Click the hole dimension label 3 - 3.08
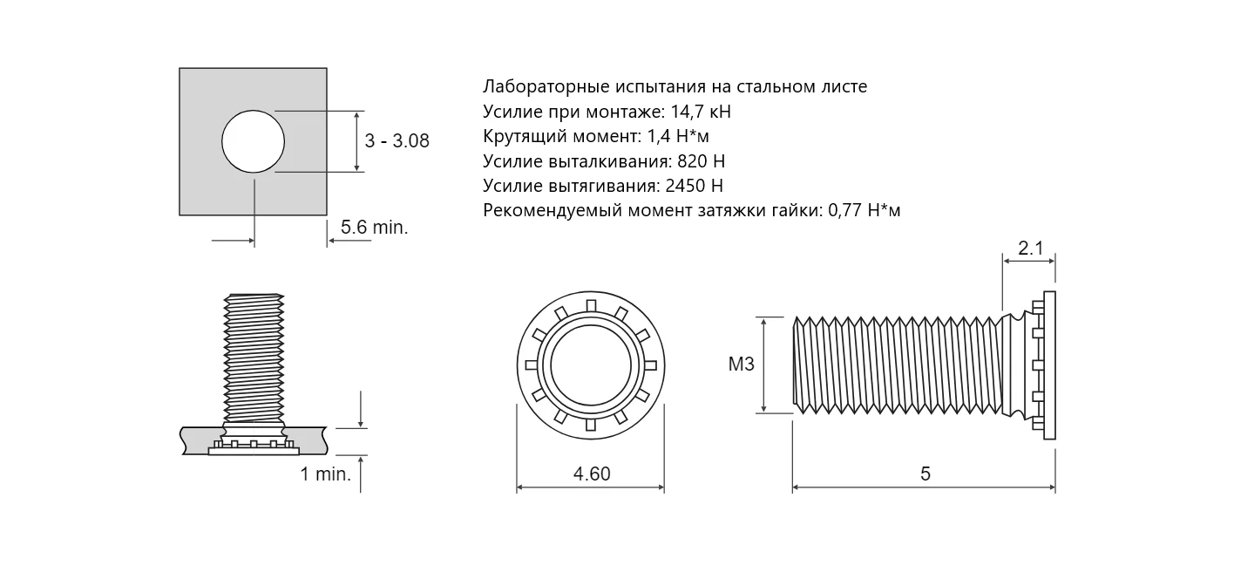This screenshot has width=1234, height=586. pos(397,141)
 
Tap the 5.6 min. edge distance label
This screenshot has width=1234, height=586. pos(374,227)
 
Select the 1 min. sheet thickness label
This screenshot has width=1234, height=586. pos(325,474)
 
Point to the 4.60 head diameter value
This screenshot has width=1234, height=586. pos(592,474)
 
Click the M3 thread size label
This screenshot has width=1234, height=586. pos(742,364)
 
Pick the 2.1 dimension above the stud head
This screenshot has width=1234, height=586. pos(1030,248)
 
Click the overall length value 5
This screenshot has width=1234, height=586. pos(925,474)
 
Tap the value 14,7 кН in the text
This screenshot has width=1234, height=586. pos(701,112)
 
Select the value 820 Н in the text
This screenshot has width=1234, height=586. pos(702,161)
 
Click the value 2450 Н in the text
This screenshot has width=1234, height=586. pos(694,186)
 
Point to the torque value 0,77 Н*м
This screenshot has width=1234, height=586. pos(864,210)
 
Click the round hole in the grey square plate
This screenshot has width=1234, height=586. pos(253,141)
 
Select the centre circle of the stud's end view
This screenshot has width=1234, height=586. pos(591,365)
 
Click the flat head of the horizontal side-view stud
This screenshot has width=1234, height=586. pos(1049,365)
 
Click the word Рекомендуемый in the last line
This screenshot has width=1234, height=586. pos(553,210)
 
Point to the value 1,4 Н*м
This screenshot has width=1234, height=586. pos(678,136)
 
